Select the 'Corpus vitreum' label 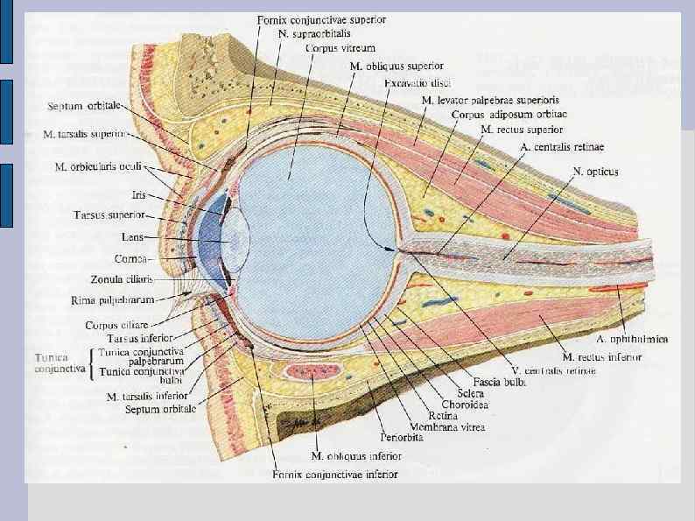[328, 48]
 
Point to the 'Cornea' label [133, 258]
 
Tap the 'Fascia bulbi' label [496, 383]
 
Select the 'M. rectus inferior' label [602, 357]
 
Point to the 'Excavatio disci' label [418, 83]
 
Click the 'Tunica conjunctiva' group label [60, 363]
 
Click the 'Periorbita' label [402, 438]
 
